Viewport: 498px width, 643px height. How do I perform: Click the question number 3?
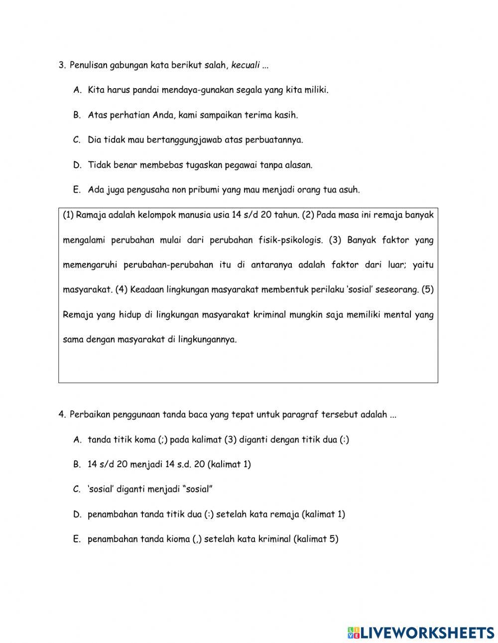click(x=62, y=65)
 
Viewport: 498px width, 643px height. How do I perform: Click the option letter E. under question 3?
click(x=77, y=190)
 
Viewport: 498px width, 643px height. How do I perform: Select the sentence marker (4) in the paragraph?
click(x=122, y=290)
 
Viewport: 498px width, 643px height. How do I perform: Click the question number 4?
click(x=62, y=414)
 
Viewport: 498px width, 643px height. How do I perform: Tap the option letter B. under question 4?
click(x=77, y=464)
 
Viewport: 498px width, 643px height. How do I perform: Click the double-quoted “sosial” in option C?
click(x=198, y=489)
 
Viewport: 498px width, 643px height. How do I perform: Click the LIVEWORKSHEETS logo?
click(x=421, y=632)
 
